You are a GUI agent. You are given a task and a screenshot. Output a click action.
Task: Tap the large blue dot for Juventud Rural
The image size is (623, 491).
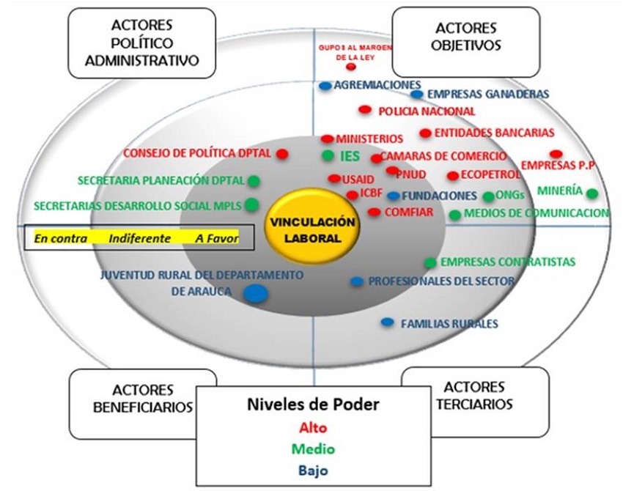point(255,294)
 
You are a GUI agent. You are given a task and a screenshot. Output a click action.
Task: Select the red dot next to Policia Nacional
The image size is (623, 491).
point(365,110)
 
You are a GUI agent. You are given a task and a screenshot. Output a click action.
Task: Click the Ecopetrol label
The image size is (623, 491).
point(490,175)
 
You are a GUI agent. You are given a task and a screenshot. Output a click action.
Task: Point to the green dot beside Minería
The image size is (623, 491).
point(592,193)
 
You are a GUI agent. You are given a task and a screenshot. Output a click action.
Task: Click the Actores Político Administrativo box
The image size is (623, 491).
point(142,43)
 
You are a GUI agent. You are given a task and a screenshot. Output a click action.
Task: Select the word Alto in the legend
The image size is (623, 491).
point(312,428)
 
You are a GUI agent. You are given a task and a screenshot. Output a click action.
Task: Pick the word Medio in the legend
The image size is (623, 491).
point(312,449)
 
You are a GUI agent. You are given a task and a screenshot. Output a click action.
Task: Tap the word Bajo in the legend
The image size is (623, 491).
point(312,470)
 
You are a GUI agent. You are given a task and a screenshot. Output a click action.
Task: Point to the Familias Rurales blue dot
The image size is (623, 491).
point(388,322)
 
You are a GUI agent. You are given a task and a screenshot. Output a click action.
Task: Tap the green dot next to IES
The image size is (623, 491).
point(328,155)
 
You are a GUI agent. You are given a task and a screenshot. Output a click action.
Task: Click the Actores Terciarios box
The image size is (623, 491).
point(474,396)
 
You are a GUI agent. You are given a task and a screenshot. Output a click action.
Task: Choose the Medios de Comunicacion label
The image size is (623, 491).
point(537,214)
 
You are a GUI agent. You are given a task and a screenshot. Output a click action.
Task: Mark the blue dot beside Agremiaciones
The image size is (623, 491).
point(325,86)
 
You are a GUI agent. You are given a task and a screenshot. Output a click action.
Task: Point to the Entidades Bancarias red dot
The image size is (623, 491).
point(426,133)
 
